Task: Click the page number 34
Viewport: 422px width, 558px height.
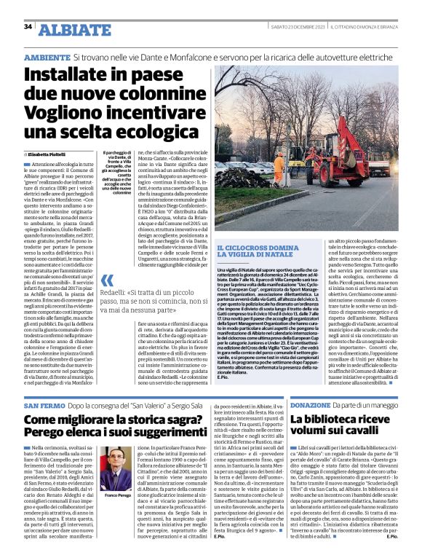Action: click(x=28, y=27)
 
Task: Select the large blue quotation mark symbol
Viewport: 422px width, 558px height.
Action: click(x=107, y=280)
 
